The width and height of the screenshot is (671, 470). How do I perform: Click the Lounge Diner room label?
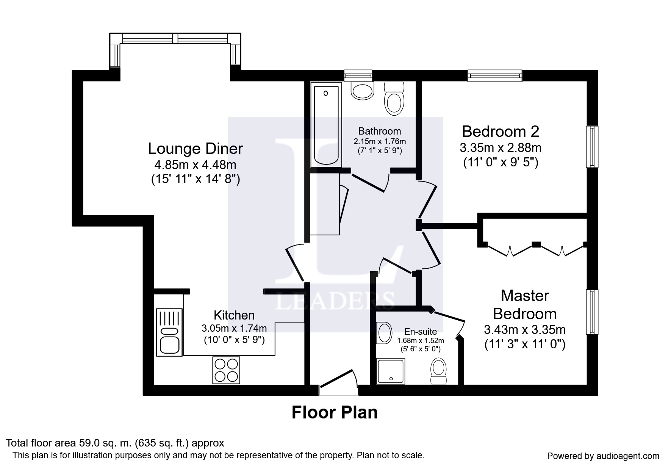(x=195, y=149)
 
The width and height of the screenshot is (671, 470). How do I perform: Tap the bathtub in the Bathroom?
(x=325, y=125)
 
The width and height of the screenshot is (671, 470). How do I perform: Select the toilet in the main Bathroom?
(x=394, y=99)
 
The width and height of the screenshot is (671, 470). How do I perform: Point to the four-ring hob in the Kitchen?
(x=226, y=370)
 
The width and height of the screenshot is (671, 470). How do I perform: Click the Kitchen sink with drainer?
(x=169, y=332)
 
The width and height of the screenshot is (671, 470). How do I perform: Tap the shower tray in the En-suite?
(x=391, y=371)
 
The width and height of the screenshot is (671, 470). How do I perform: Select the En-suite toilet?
(x=439, y=371)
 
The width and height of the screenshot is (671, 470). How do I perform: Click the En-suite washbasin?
(x=384, y=333)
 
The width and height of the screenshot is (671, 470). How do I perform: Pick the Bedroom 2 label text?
(x=501, y=132)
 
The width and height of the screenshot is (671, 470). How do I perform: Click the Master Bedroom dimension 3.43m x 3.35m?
(x=525, y=329)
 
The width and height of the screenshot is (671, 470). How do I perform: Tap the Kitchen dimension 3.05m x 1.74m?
(x=234, y=328)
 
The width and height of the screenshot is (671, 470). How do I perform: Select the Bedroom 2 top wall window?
(x=495, y=75)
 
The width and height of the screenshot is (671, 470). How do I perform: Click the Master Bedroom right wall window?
(x=592, y=312)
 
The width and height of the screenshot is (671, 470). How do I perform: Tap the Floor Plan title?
(x=335, y=412)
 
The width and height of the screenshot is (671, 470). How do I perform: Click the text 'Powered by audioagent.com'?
(x=603, y=456)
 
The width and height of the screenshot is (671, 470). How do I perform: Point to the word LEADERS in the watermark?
(x=335, y=301)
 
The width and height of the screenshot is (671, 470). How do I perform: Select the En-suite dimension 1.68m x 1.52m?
(x=421, y=340)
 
